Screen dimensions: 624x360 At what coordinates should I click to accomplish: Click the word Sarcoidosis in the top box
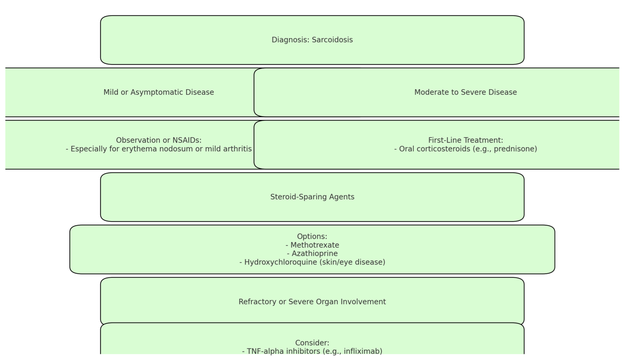point(332,40)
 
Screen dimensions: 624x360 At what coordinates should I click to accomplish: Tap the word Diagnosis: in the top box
point(290,40)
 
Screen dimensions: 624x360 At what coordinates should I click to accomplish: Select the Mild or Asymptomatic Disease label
point(159,92)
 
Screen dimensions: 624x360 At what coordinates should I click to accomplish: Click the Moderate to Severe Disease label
point(466,92)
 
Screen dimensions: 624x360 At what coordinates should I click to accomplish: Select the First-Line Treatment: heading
point(466,140)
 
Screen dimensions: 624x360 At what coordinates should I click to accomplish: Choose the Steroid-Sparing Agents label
point(312,197)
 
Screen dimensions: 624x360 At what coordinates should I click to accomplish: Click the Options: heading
point(312,237)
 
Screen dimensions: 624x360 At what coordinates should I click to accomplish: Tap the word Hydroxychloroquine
point(281,262)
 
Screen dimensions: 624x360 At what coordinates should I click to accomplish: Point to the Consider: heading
point(312,343)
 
